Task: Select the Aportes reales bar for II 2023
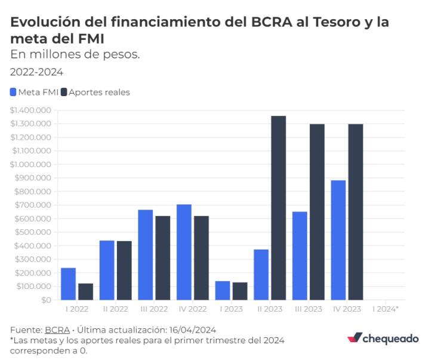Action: click(278, 208)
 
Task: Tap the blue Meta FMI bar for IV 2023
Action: click(338, 240)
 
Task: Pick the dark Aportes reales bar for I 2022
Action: click(85, 291)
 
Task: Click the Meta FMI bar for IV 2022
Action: click(184, 252)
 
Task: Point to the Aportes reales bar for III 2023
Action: click(317, 212)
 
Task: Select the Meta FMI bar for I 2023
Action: click(222, 290)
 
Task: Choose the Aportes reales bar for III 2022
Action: click(162, 258)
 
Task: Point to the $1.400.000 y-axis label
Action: click(30, 110)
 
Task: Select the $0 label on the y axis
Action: click(46, 300)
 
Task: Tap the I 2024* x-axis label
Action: click(385, 309)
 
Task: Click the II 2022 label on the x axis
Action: click(115, 309)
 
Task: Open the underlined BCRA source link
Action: click(57, 330)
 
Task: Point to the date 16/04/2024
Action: click(193, 330)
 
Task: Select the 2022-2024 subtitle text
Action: click(36, 72)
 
